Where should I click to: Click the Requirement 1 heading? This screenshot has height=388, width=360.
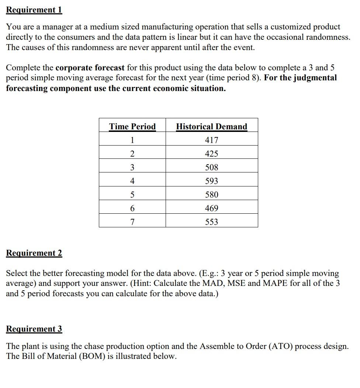(34, 10)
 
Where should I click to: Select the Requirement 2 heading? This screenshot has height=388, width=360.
(34, 253)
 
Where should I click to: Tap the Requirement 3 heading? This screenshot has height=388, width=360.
(34, 329)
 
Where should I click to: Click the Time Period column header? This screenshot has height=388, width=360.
(132, 127)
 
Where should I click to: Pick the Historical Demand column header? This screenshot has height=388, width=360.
(211, 127)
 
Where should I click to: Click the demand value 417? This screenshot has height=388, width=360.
(211, 140)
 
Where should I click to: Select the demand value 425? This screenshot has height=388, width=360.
(211, 154)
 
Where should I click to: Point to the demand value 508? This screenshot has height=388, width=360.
(211, 168)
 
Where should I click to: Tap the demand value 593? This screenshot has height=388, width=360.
(211, 181)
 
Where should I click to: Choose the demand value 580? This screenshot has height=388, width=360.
(211, 195)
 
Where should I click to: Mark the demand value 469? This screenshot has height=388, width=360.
(211, 209)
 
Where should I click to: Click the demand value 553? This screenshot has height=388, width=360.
(211, 222)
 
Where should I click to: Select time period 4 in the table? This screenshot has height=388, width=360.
(132, 181)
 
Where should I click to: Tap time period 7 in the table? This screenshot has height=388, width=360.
(132, 222)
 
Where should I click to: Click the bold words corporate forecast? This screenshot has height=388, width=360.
(90, 68)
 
